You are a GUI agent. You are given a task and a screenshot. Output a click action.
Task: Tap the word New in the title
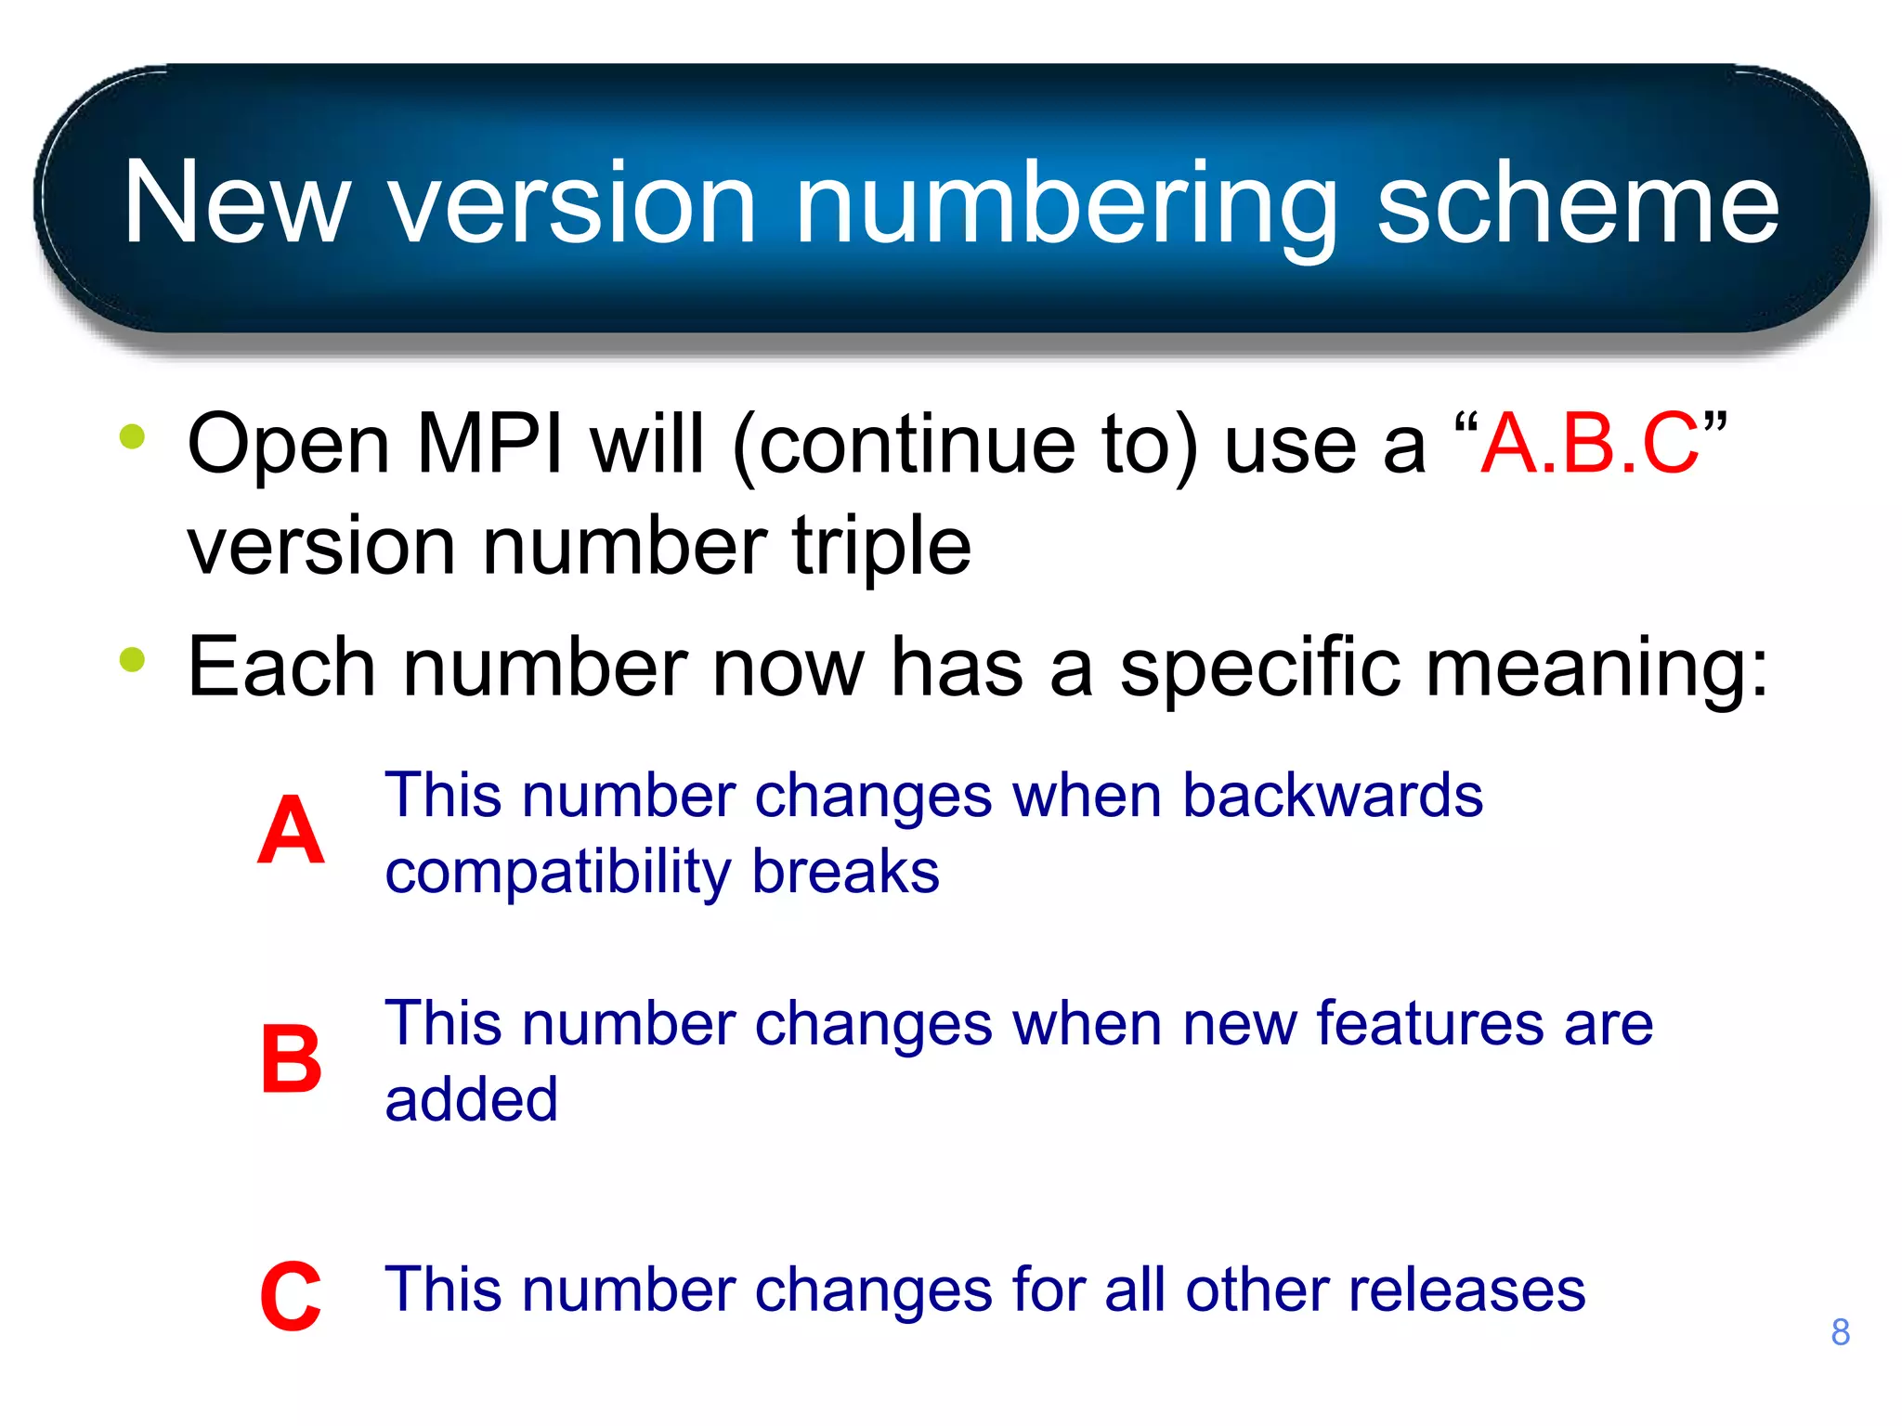(x=237, y=203)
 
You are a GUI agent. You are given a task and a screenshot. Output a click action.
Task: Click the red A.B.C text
(x=1589, y=444)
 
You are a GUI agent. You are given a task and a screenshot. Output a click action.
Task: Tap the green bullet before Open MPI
(x=133, y=436)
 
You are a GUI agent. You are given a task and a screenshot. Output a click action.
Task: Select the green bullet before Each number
(x=133, y=659)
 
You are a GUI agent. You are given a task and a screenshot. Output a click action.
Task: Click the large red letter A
(x=291, y=831)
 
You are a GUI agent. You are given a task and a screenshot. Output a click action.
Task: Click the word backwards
(x=1332, y=796)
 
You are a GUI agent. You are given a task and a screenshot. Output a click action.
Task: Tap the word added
(x=471, y=1099)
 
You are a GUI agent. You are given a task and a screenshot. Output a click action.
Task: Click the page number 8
(x=1840, y=1332)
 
